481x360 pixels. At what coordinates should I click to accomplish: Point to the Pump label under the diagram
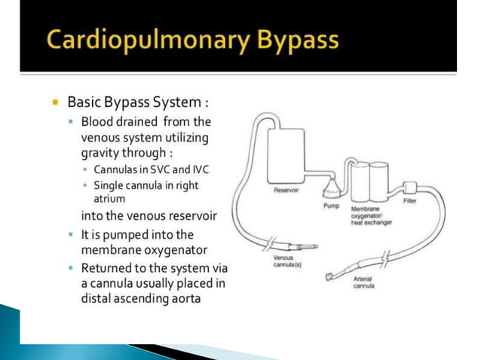(332, 206)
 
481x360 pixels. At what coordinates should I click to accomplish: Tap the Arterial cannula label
(364, 282)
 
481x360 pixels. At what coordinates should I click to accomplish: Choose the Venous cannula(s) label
(286, 261)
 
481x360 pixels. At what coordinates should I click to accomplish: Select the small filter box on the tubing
(411, 187)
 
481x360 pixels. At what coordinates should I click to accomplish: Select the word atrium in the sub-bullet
(109, 199)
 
